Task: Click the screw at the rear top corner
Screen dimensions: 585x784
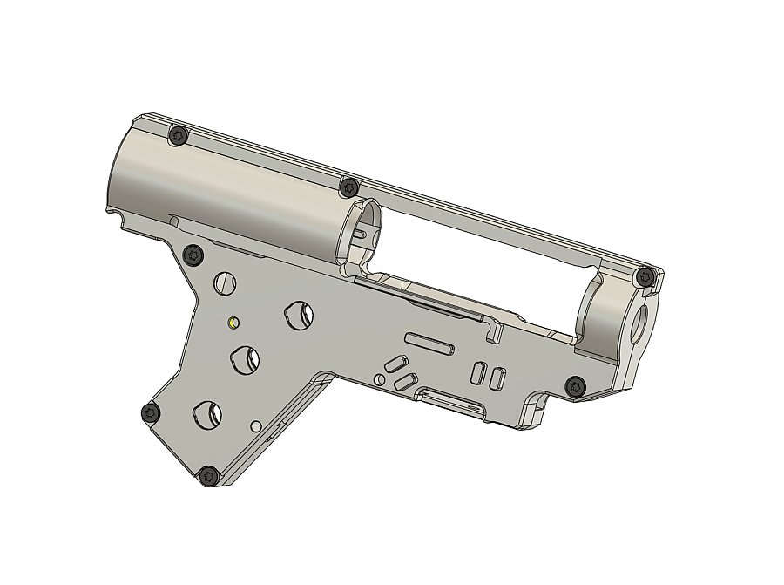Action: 179,135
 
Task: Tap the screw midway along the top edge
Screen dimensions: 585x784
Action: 349,187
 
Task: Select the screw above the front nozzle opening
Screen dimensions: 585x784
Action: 645,277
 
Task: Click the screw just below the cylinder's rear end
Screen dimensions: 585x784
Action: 193,255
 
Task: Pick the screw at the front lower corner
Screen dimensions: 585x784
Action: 575,385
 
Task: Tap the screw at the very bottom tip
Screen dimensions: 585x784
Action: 209,476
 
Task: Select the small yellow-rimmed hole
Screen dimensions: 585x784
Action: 233,323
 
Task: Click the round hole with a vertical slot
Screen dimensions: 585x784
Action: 225,282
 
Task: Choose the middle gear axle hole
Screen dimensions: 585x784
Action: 246,359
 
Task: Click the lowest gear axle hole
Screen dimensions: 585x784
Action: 208,415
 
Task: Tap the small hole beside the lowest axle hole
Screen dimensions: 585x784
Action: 256,426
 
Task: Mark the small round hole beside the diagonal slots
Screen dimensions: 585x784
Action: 379,380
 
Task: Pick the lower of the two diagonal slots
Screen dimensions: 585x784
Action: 404,382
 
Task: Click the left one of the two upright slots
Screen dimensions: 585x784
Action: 478,372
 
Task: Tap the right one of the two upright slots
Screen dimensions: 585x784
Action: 497,378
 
